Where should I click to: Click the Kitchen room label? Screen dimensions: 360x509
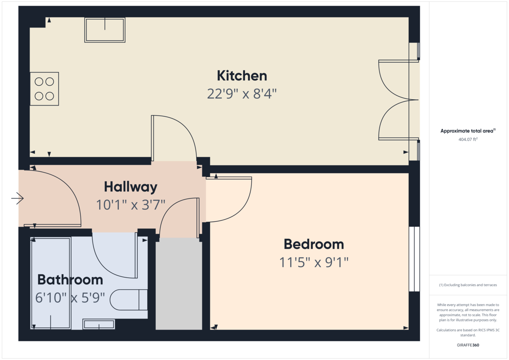(242, 76)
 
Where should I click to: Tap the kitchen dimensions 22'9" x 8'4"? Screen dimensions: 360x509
(242, 94)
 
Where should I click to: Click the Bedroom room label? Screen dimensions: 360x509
(313, 244)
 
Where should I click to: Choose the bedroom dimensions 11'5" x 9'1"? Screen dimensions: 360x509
(313, 262)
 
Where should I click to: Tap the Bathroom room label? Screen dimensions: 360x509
(70, 280)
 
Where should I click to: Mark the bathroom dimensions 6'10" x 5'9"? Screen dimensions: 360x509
(70, 298)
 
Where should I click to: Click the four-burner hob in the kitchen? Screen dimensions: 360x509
(44, 89)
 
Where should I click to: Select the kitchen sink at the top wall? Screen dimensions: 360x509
(105, 30)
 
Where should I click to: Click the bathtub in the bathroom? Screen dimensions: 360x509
(51, 283)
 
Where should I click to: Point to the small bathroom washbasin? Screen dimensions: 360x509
(98, 324)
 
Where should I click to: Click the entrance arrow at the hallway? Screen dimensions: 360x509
(17, 198)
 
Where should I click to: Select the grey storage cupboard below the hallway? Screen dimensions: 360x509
(179, 283)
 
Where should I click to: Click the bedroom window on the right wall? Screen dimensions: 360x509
(414, 259)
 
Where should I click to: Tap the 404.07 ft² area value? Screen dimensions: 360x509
(468, 139)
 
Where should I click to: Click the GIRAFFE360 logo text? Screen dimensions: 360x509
(468, 345)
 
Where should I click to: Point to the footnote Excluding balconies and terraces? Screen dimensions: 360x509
(468, 285)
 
